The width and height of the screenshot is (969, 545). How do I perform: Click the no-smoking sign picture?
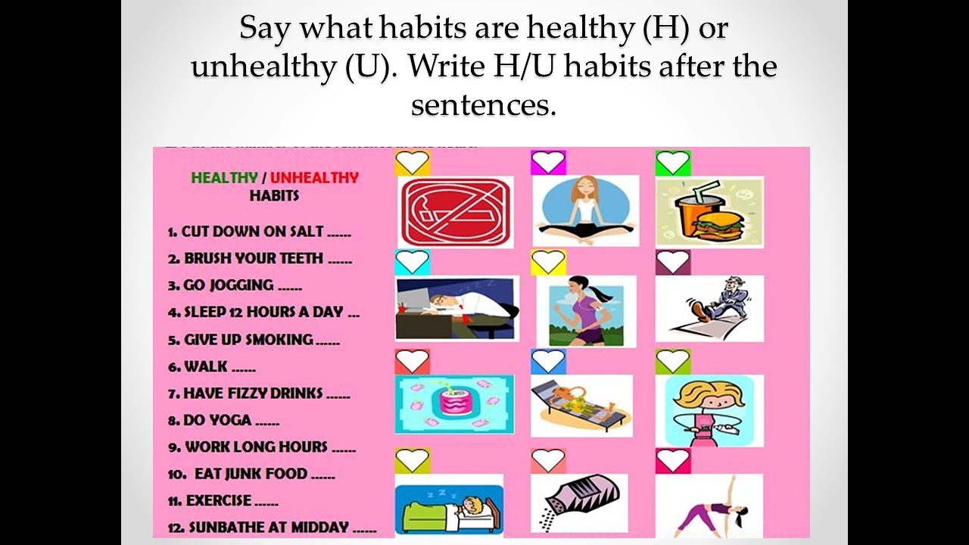455,211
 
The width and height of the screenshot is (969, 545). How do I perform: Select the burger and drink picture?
709,211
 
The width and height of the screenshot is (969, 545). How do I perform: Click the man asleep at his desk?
457,308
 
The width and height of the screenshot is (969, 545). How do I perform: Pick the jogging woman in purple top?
581,311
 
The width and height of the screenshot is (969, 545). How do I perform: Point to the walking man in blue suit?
709,308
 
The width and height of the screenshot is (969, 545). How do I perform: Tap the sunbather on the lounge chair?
581,405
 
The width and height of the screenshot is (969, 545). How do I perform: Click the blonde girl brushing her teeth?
709,410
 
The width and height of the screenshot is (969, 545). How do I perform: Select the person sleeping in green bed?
449,505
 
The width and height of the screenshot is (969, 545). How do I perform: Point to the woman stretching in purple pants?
709,506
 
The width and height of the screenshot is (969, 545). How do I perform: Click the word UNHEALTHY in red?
314,178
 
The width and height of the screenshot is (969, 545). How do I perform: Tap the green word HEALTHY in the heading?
224,178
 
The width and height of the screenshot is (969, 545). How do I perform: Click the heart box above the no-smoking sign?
413,163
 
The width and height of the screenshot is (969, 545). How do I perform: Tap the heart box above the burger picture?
673,163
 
